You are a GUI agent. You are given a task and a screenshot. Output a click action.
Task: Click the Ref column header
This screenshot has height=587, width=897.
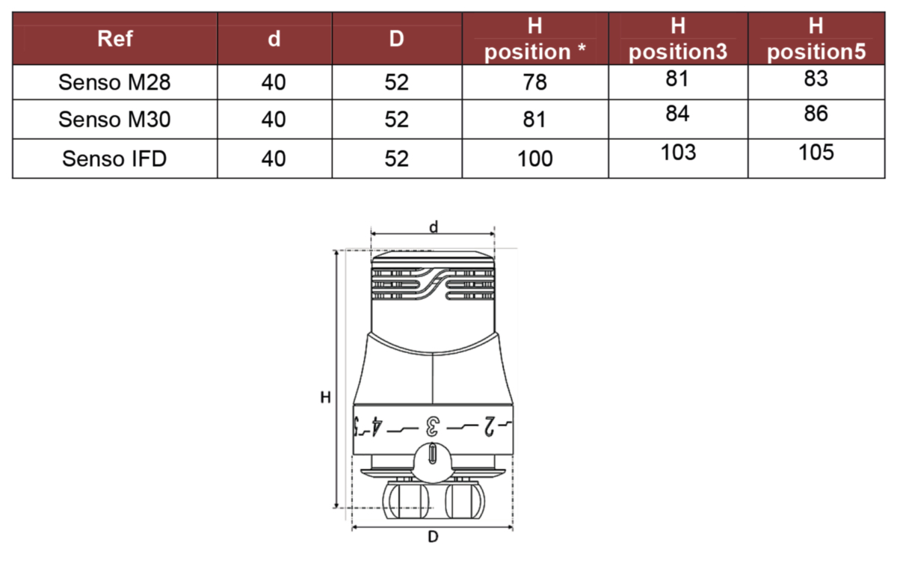(115, 39)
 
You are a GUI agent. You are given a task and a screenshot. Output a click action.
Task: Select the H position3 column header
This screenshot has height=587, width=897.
(678, 39)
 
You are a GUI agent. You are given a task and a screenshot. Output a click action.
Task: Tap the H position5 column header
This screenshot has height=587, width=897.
(816, 39)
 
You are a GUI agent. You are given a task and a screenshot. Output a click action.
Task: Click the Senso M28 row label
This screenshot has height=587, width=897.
(114, 82)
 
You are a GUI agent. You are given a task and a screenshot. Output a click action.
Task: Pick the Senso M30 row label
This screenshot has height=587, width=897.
(114, 120)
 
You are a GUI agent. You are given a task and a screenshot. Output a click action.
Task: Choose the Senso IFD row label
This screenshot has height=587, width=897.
(114, 159)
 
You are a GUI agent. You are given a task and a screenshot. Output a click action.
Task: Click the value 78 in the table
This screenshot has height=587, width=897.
(534, 82)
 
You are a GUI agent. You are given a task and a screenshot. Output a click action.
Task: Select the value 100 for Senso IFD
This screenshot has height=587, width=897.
(535, 159)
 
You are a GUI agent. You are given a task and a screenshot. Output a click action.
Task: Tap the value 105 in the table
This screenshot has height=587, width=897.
(816, 153)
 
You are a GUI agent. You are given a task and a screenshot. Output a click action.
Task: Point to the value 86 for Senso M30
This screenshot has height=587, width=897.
(816, 114)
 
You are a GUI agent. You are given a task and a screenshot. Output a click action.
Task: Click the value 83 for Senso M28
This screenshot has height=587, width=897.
(816, 79)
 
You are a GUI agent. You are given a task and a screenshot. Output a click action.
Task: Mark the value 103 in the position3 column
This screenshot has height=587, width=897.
(679, 153)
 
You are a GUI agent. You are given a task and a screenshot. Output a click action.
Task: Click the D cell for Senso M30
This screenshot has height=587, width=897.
(396, 120)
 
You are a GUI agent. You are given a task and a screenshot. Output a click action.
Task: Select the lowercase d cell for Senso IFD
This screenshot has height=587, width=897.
(274, 159)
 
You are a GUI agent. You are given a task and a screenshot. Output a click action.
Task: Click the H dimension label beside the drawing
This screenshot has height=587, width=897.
(326, 398)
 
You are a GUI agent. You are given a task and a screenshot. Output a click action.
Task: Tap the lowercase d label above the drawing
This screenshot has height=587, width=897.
(434, 227)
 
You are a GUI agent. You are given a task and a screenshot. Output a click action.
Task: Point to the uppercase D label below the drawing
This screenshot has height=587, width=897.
(433, 537)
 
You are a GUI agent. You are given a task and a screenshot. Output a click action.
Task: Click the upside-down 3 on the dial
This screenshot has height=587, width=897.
(433, 426)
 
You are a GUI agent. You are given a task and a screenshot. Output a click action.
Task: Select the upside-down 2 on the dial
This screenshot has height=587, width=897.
(489, 426)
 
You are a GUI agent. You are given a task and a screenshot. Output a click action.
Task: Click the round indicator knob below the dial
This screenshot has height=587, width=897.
(433, 463)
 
